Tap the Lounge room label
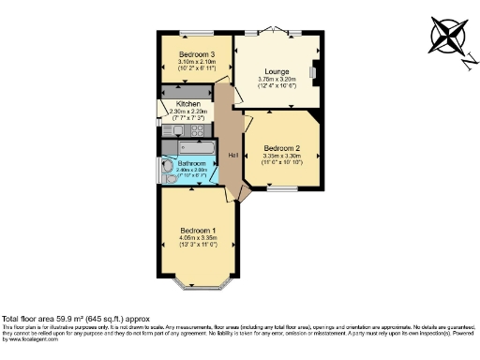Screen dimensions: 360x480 tap(276, 71)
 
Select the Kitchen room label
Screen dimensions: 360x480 tap(187, 104)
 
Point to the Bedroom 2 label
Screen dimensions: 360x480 tap(281, 148)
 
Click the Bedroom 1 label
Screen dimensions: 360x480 tap(199, 231)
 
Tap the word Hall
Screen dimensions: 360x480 tap(232, 155)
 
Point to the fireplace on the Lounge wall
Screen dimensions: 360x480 tap(316, 73)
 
